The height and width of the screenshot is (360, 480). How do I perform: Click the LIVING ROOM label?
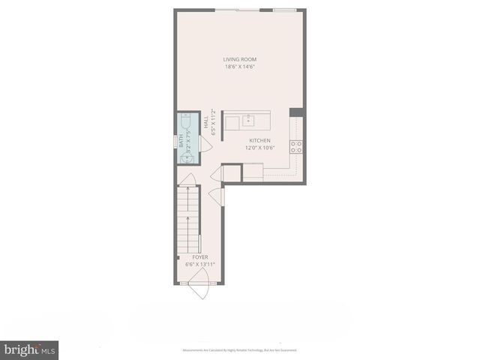240,59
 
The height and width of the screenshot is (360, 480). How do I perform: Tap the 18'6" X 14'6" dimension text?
240,67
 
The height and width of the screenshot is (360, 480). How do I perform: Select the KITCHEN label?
260,141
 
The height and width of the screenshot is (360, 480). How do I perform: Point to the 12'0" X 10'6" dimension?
260,148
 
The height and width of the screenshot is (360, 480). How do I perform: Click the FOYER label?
199,257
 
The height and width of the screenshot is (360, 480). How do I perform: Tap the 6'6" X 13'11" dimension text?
199,264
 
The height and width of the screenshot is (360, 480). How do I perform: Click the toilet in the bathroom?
184,121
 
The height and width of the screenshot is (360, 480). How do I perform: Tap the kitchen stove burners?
296,146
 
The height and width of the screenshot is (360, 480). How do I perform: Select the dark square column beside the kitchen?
295,112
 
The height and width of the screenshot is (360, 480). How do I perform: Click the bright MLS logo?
29,349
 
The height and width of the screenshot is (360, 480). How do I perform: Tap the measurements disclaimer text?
240,349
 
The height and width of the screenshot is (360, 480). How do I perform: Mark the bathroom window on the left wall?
176,139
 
